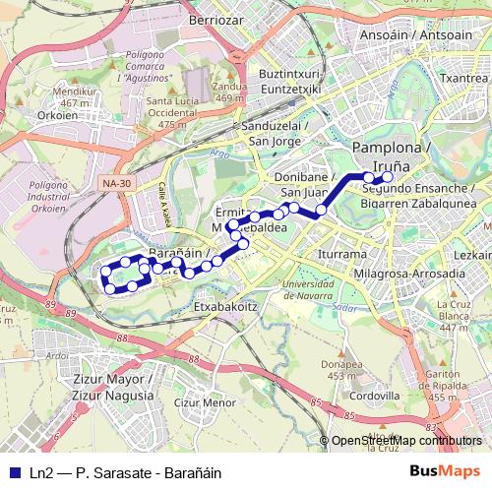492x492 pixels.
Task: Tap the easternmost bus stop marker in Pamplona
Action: [x=388, y=177]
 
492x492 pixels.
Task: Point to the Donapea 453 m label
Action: [x=340, y=369]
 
